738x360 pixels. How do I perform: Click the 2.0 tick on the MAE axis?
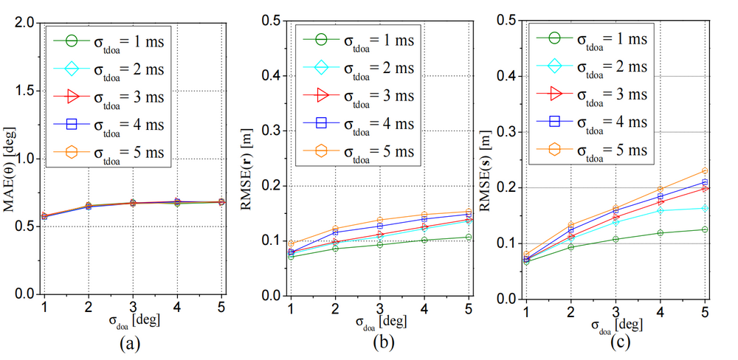coord(24,22)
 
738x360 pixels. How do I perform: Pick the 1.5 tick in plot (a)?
coord(24,90)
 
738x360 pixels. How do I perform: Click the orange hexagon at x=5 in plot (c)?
coord(706,171)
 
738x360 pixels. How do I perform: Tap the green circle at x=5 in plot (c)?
coord(706,229)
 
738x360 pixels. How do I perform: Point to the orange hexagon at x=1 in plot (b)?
coord(290,243)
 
